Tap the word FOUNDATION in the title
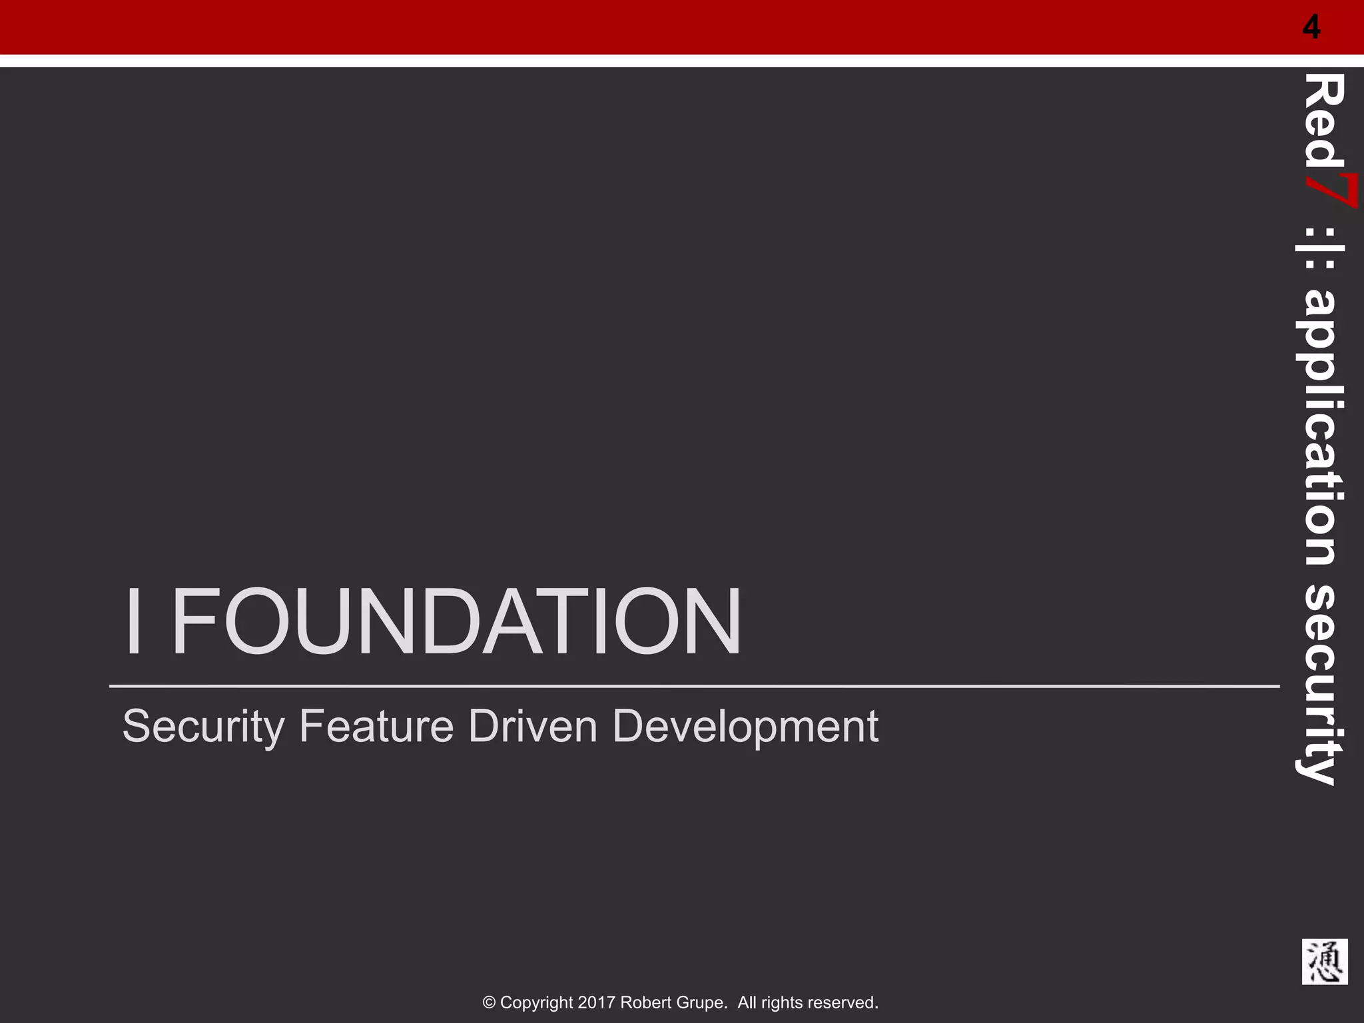[456, 622]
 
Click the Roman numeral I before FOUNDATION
[133, 622]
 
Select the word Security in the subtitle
[203, 727]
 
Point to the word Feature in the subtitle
[376, 726]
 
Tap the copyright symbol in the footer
[490, 1003]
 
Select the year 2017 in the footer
[597, 1003]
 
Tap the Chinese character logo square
[1325, 962]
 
